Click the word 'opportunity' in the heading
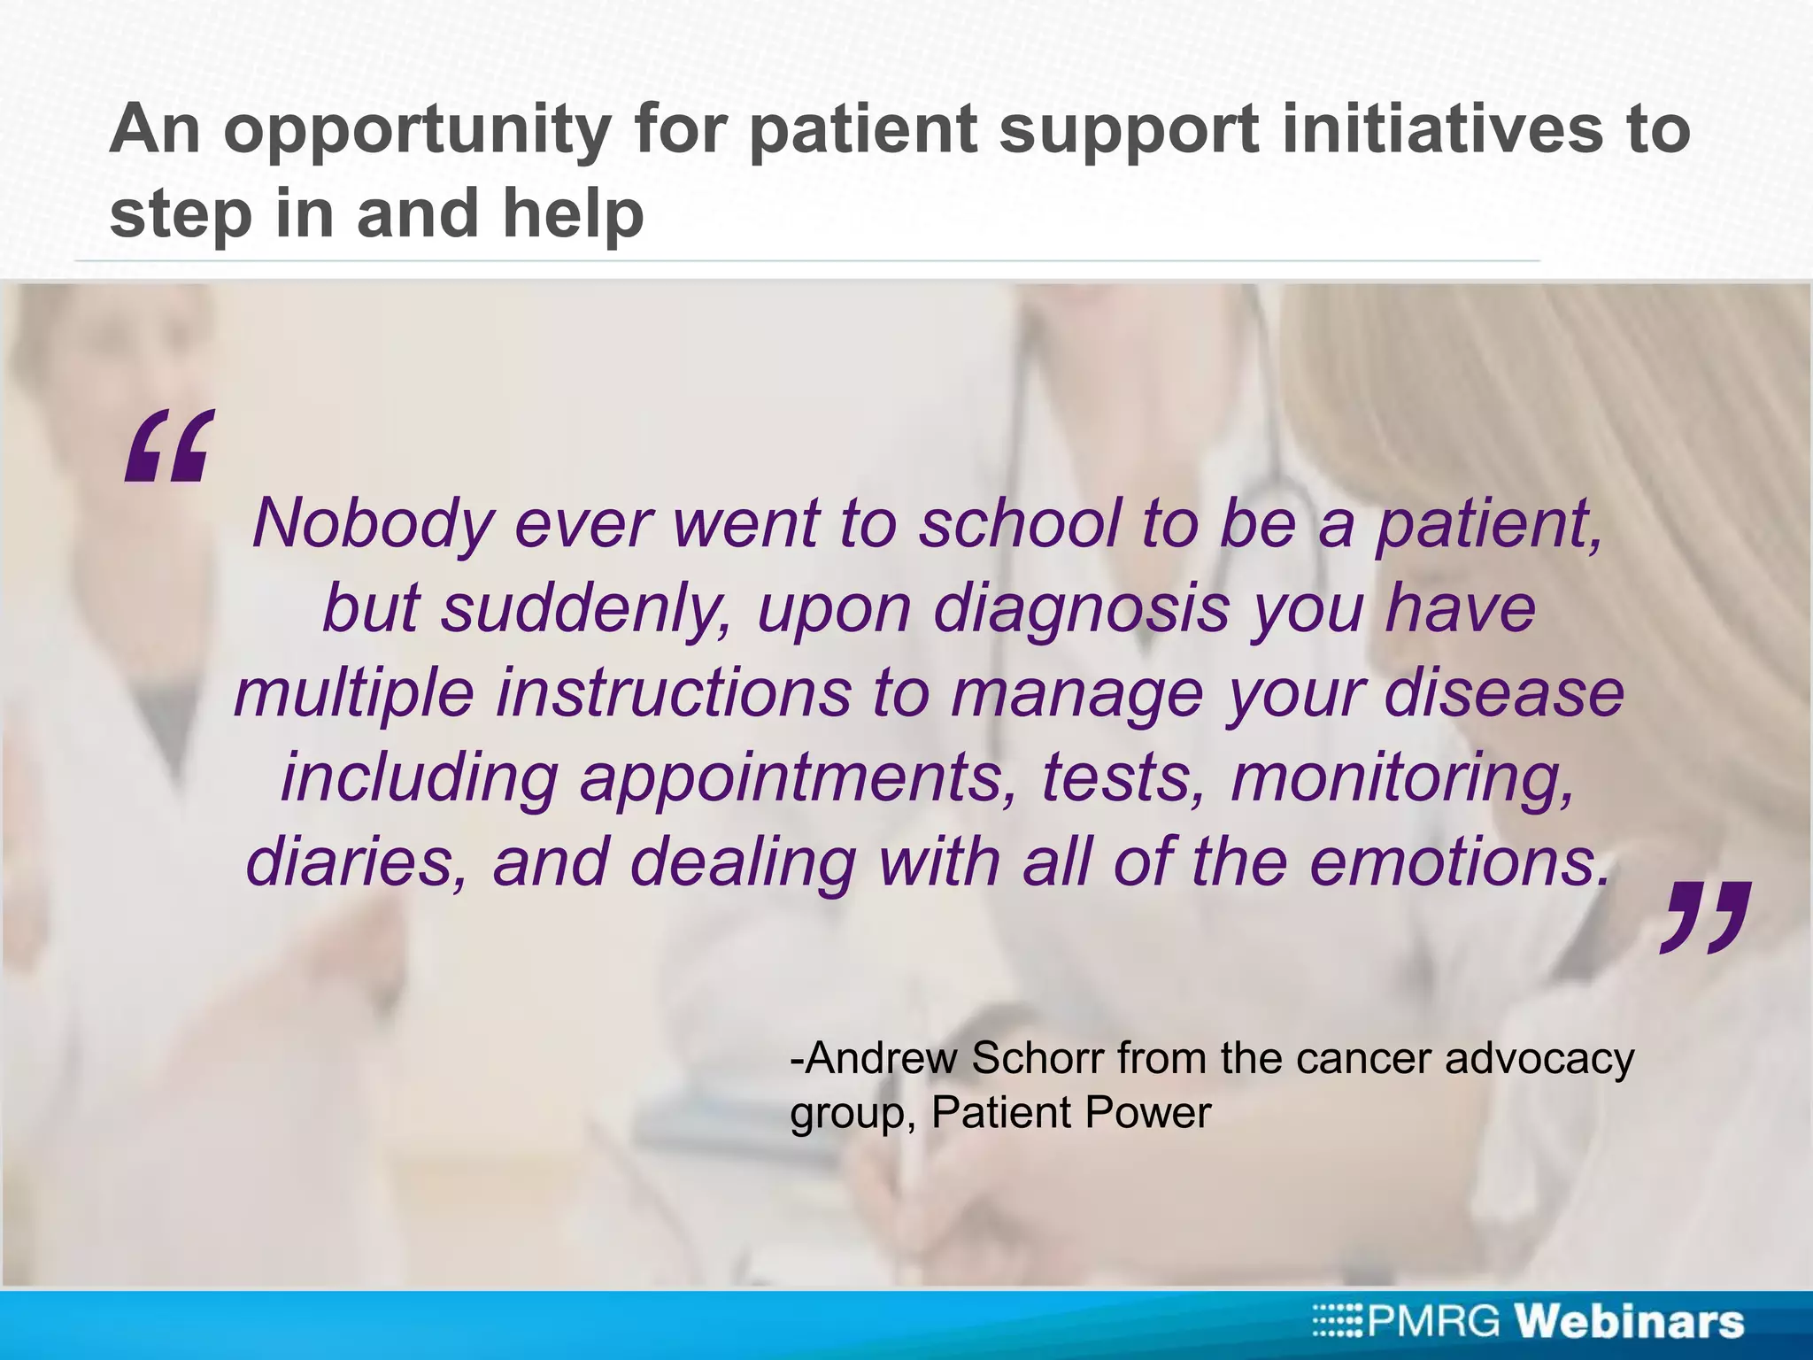pos(417,131)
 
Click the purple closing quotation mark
pos(1703,917)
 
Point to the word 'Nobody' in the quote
pos(372,523)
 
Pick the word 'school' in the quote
pos(1018,523)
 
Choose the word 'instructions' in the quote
pos(673,692)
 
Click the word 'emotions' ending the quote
pos(1457,862)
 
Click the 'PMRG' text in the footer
pos(1434,1322)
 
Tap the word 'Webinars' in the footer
pos(1630,1322)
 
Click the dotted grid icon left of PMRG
pos(1339,1322)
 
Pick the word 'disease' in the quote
pos(1504,692)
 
